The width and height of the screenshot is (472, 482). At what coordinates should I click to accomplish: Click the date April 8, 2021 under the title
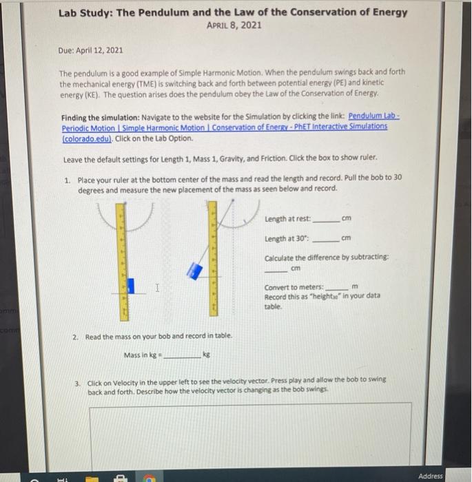coord(234,25)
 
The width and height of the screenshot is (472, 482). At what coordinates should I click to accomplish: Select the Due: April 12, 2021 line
coord(90,50)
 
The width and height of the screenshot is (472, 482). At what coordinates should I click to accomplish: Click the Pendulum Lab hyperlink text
coord(377,117)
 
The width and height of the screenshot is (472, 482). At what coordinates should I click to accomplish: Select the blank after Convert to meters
coord(336,288)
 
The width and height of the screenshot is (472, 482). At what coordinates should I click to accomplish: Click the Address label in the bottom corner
coord(431,476)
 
